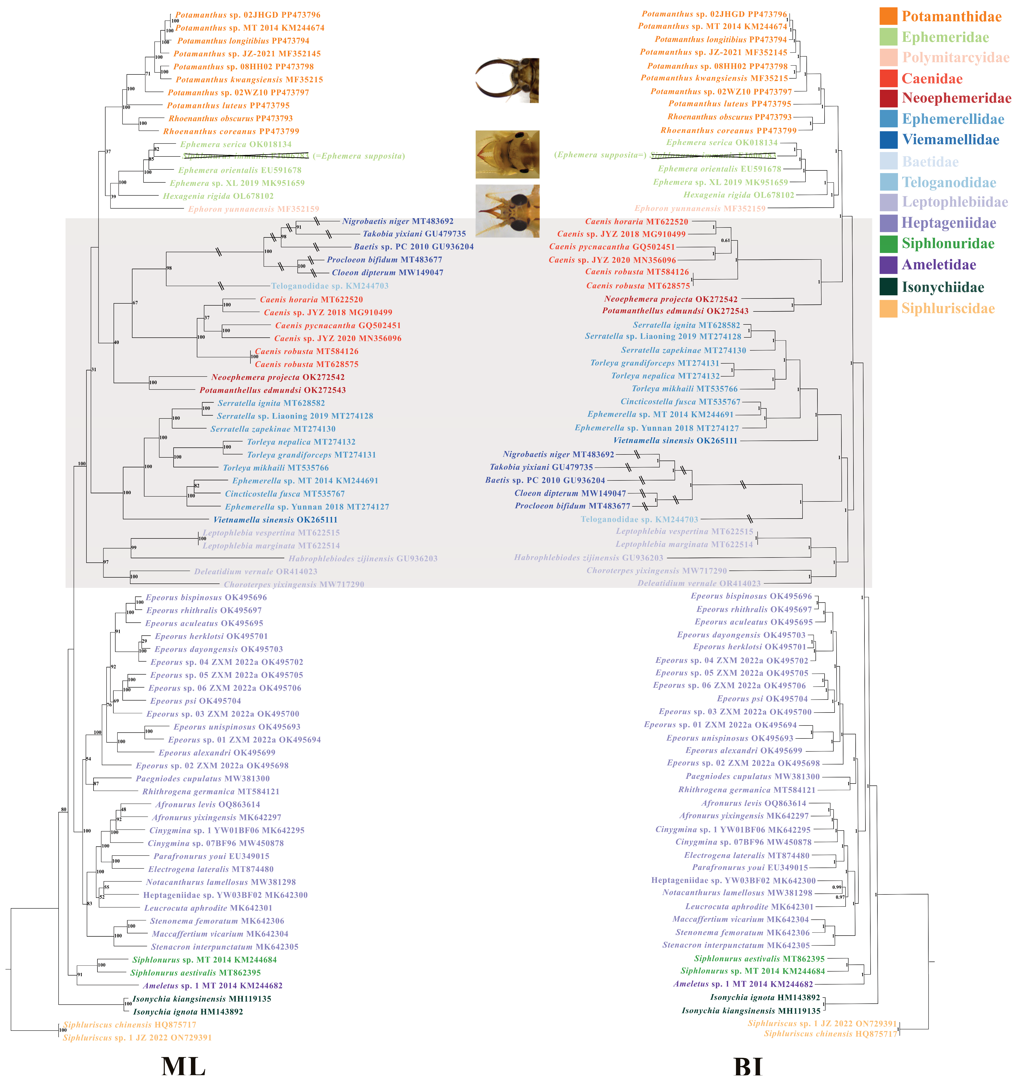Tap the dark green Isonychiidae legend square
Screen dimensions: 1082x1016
[x=888, y=287]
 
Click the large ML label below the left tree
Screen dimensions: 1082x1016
[x=183, y=1065]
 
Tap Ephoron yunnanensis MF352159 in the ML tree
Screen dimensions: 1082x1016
[x=254, y=209]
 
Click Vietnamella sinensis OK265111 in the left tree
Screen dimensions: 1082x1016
[x=275, y=520]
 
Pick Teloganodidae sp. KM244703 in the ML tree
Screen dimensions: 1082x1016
[x=330, y=286]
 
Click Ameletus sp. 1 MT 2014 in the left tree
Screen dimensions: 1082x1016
[x=212, y=986]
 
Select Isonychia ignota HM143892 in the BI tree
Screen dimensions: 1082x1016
[x=765, y=998]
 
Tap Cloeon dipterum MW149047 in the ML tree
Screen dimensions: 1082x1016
[x=388, y=273]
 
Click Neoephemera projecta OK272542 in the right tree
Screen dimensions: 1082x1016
[x=671, y=299]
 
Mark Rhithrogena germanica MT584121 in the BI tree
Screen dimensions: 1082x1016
[x=747, y=790]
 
